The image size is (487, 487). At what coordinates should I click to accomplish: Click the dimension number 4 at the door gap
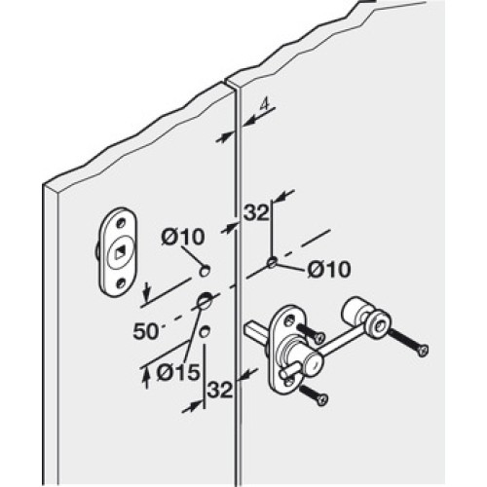tap(265, 104)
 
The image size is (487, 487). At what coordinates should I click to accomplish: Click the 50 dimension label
tap(145, 331)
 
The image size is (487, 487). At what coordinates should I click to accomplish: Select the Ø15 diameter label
tap(177, 372)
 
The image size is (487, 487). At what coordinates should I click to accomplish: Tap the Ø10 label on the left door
tap(183, 237)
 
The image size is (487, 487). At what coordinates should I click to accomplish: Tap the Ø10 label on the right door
tap(329, 269)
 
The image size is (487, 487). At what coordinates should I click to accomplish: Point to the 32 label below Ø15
tap(220, 390)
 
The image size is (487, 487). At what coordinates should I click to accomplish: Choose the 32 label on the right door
tap(256, 212)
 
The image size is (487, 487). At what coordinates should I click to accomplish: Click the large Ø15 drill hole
tap(206, 300)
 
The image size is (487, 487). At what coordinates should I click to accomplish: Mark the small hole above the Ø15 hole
tap(205, 271)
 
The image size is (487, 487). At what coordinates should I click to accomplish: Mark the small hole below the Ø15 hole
tap(205, 331)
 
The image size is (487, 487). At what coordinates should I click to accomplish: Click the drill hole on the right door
tap(273, 262)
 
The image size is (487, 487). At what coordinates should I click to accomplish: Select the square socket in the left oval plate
tap(120, 251)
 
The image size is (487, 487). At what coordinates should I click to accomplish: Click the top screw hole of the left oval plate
tap(122, 223)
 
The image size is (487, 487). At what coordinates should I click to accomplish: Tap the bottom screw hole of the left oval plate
tap(121, 283)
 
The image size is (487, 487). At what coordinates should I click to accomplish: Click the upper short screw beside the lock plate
tap(311, 333)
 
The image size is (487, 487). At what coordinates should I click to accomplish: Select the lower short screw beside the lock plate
tap(314, 393)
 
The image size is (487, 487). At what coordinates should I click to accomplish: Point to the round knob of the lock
tap(313, 359)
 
